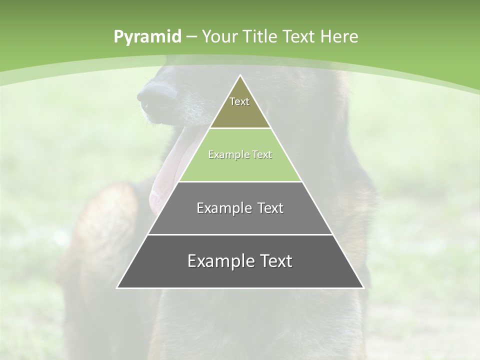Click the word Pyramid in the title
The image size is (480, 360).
(x=147, y=37)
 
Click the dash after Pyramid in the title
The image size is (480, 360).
(x=191, y=37)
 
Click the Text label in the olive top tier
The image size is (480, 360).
(x=239, y=101)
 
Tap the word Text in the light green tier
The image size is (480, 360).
(x=261, y=155)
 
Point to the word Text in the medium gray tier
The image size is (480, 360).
(x=270, y=208)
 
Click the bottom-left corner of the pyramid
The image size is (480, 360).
(x=117, y=287)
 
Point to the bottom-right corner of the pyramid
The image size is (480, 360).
(x=363, y=287)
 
